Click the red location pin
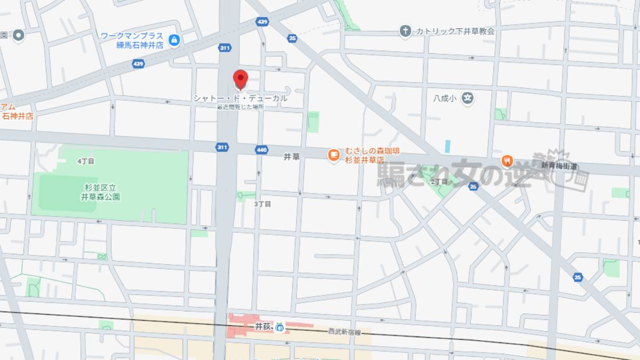[241, 79]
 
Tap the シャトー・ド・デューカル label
[240, 99]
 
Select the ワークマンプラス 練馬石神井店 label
[132, 40]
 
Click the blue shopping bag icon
[174, 39]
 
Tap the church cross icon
[405, 31]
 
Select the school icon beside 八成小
[468, 99]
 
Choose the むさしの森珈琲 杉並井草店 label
[365, 155]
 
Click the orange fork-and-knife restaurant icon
[507, 161]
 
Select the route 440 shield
[261, 150]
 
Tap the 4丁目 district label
[85, 161]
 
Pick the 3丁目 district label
[262, 204]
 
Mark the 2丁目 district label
[439, 181]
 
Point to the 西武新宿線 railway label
[345, 332]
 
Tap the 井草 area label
[292, 157]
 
